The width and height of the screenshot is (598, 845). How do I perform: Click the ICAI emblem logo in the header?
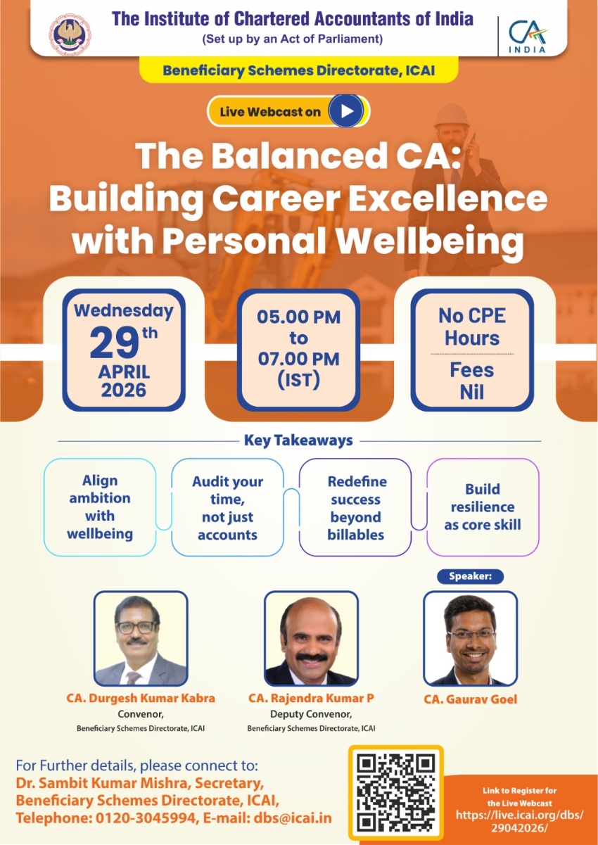coord(70,34)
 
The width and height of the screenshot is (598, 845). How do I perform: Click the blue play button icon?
coord(345,111)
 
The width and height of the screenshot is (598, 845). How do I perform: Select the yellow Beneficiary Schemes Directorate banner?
coord(298,70)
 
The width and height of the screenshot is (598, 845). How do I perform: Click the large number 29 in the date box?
coord(114,343)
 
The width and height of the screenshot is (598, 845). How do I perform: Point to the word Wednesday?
coord(124,311)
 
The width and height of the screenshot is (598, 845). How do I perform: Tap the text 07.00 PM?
coord(298,359)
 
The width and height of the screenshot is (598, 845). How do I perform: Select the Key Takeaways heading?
coord(298,440)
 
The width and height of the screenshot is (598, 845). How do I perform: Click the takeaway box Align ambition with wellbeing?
coord(100,507)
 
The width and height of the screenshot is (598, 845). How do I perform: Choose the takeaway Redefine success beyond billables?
coord(355,507)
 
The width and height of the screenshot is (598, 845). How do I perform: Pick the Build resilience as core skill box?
coord(483,507)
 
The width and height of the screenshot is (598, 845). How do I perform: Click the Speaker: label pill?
coord(470,576)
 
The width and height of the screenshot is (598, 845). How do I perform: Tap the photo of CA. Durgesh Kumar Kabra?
coord(141,638)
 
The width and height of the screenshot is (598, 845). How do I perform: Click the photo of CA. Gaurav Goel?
coord(470,638)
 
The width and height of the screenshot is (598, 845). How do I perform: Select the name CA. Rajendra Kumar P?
coord(311,698)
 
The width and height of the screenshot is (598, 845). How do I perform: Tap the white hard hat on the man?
coord(452,116)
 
